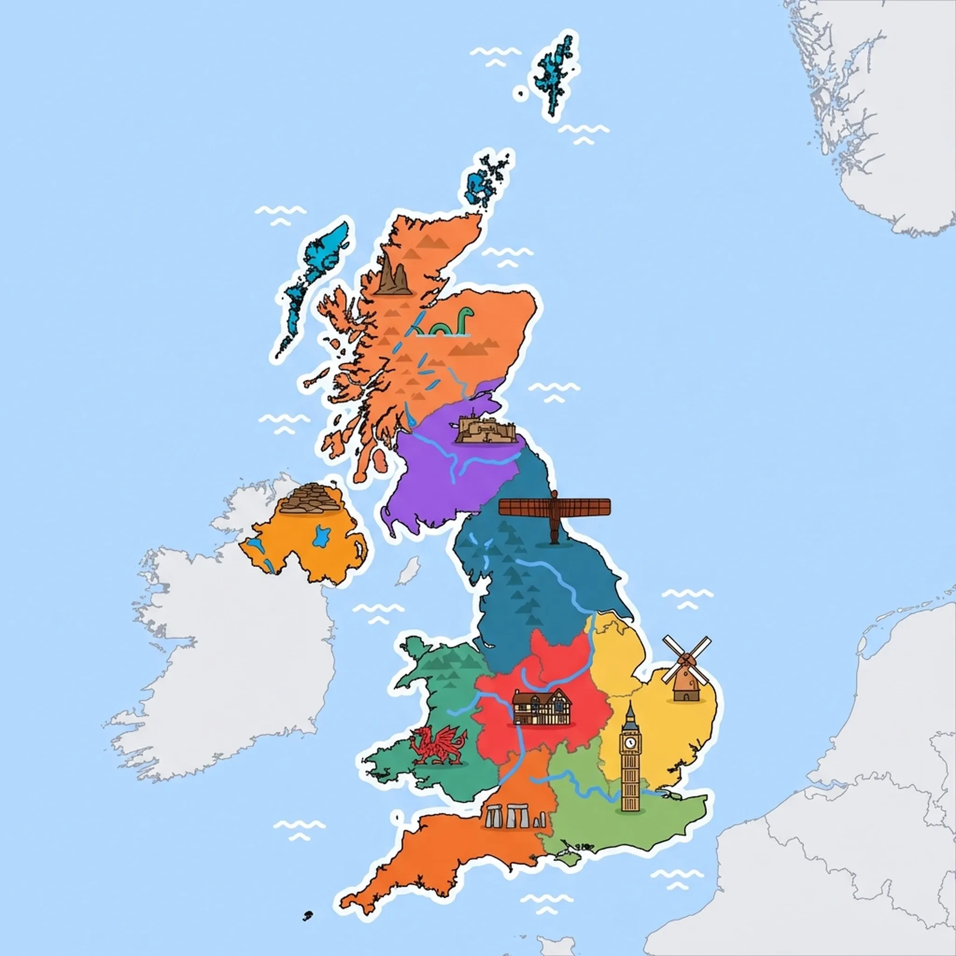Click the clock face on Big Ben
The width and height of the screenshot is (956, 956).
point(630,743)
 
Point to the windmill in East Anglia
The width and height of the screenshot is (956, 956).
point(686,668)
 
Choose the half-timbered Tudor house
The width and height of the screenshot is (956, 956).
point(542,708)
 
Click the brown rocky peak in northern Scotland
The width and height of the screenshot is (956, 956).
point(393,277)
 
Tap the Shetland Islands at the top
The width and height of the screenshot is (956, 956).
point(555,74)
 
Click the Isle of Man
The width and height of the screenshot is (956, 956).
point(410,569)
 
